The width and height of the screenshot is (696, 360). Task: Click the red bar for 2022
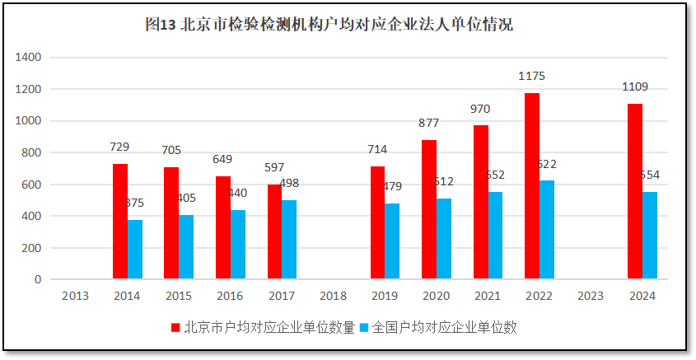coord(532,186)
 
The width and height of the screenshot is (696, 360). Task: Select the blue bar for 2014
coord(135,250)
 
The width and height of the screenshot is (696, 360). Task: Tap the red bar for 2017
coord(275,231)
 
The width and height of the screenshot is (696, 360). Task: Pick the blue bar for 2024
coord(650,236)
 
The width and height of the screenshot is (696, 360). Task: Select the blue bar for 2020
coord(444,239)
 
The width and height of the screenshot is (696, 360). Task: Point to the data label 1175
coord(532,76)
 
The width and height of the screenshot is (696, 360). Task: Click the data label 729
coord(120,147)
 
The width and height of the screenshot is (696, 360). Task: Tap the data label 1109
coord(635,86)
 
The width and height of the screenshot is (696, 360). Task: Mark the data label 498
coord(290,183)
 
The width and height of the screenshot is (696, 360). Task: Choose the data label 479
coord(393,186)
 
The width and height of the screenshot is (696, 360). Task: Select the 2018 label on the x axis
coord(333,296)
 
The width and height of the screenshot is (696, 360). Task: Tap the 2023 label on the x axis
coord(591,296)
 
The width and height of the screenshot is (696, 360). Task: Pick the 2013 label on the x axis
coord(76,296)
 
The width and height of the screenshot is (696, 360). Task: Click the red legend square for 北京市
coord(175,328)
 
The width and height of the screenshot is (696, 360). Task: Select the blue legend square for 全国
coord(363,328)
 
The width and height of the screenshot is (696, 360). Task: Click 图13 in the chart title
coord(161,25)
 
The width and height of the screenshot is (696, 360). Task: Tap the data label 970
coord(481,108)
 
